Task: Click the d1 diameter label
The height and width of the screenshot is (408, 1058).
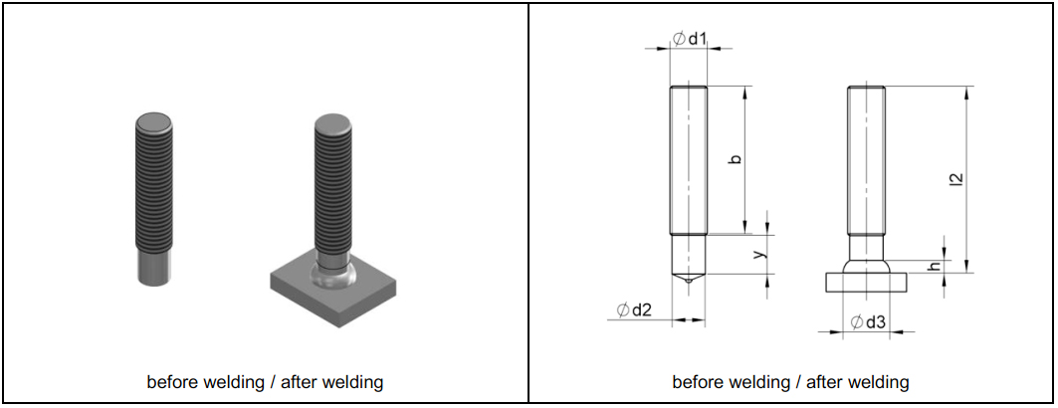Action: pos(689,40)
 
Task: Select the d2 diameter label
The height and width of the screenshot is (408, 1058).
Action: pos(634,310)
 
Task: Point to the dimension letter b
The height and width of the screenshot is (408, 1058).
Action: pos(737,159)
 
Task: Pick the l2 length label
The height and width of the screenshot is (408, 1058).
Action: pos(955,179)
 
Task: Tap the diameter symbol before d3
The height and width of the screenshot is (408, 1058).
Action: pos(856,322)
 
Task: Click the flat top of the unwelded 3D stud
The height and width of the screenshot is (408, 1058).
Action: pos(154,122)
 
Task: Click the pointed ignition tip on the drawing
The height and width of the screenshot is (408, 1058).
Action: pos(688,279)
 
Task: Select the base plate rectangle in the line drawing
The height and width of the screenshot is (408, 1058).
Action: pos(866,282)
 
